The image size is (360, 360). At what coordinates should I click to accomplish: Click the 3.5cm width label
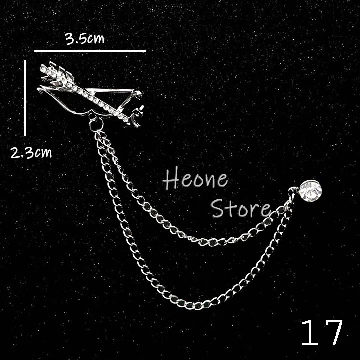[x=85, y=39]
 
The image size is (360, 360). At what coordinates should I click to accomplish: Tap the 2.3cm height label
[x=31, y=153]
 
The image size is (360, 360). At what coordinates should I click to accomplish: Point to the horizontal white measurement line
[x=90, y=51]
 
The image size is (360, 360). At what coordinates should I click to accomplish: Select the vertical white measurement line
[x=25, y=98]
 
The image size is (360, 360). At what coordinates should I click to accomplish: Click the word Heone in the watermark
[x=196, y=180]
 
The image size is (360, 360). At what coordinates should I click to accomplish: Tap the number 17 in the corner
[x=323, y=333]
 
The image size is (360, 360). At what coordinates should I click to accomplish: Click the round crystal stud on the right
[x=310, y=190]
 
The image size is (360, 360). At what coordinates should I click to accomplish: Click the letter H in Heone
[x=171, y=180]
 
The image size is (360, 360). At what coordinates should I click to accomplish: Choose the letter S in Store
[x=218, y=209]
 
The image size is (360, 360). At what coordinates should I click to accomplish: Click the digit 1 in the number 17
[x=310, y=333]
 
